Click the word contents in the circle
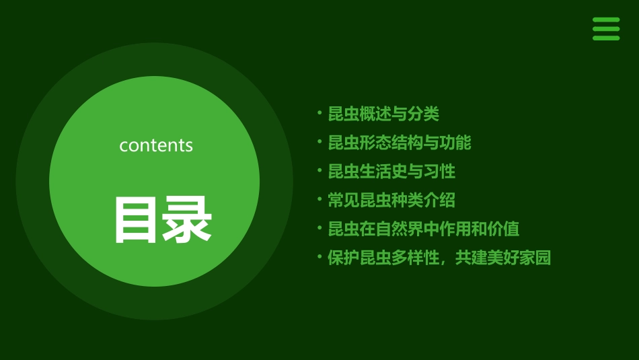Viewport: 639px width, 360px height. click(x=156, y=145)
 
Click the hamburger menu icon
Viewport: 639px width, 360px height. click(x=605, y=29)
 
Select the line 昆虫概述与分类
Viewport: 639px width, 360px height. click(x=383, y=114)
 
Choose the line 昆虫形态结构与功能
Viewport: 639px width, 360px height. click(x=400, y=143)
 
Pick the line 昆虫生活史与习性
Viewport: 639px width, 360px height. click(x=391, y=172)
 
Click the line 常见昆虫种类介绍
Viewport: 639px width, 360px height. click(x=391, y=200)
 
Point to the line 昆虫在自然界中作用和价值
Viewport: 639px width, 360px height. click(x=424, y=229)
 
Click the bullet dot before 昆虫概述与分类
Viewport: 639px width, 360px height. click(x=319, y=113)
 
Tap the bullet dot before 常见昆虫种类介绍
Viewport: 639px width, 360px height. click(x=319, y=199)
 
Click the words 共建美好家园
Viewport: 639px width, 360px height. click(x=503, y=258)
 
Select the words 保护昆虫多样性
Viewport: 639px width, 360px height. click(x=383, y=258)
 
